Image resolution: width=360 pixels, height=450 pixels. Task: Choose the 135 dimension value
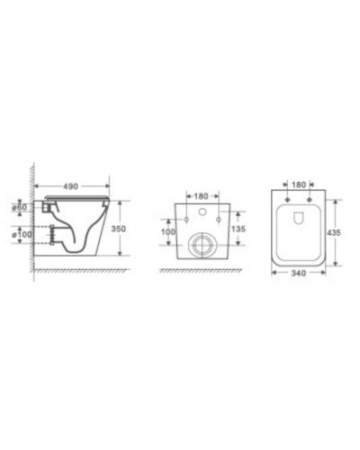pos(238,229)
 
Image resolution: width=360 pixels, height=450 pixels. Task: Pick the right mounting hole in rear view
pos(220,219)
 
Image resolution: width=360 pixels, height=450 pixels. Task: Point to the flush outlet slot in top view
pos(298,216)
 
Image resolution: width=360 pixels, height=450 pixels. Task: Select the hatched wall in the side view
pos(31,216)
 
